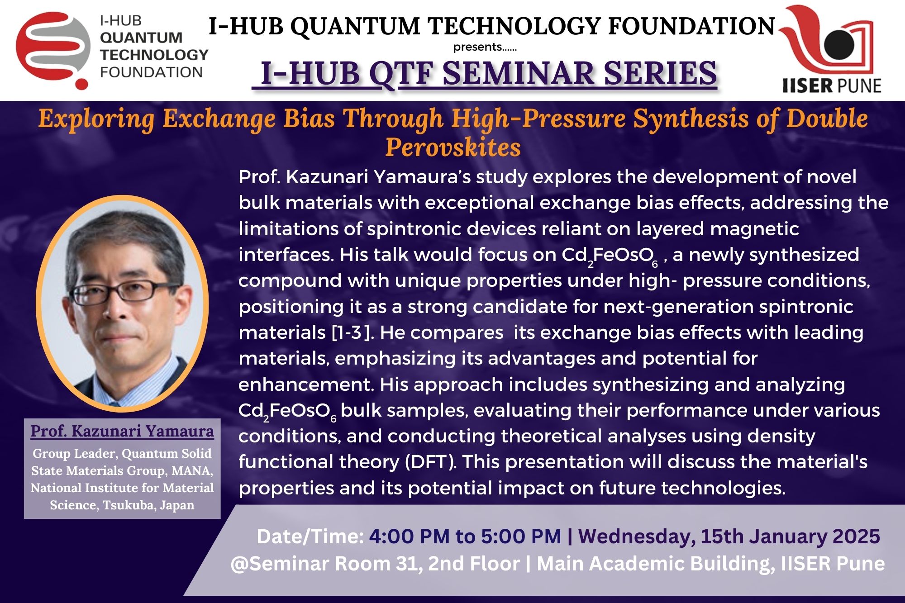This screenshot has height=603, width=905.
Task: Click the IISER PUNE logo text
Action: (832, 85)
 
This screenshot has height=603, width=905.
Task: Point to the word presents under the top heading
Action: (477, 47)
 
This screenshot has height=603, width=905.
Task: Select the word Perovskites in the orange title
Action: (453, 147)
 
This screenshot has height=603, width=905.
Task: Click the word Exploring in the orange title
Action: (96, 119)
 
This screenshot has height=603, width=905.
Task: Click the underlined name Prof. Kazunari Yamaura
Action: (122, 431)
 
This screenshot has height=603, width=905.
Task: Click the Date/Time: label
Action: (310, 537)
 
